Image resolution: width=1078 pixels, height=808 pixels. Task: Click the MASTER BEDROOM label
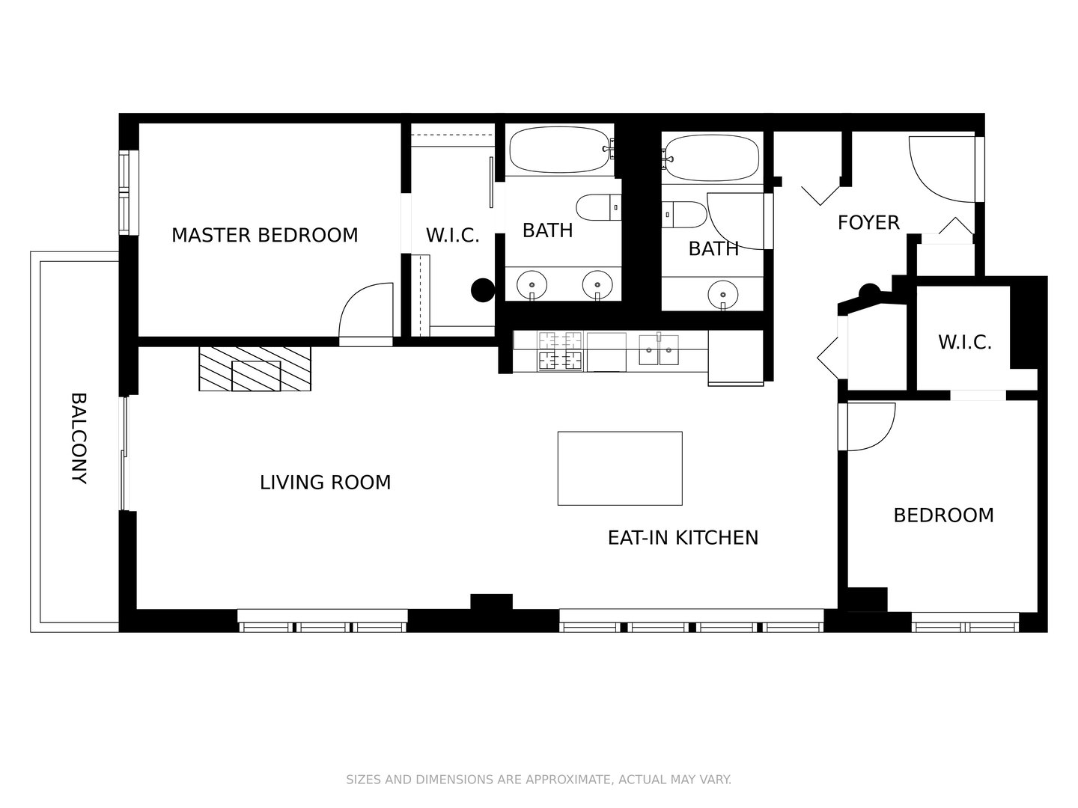pyautogui.click(x=265, y=235)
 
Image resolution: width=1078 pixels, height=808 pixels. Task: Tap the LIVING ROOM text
pyautogui.click(x=325, y=483)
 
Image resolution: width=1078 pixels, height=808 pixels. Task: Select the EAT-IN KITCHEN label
pyautogui.click(x=683, y=537)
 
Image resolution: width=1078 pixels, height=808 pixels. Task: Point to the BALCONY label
pyautogui.click(x=79, y=438)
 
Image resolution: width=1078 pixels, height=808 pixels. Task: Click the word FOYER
pyautogui.click(x=868, y=222)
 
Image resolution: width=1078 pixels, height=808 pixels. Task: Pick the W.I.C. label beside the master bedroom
pyautogui.click(x=452, y=236)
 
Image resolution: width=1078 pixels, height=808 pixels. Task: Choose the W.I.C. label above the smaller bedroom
pyautogui.click(x=964, y=343)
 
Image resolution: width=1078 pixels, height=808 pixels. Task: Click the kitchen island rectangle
pyautogui.click(x=620, y=468)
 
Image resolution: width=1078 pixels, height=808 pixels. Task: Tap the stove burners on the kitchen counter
pyautogui.click(x=560, y=351)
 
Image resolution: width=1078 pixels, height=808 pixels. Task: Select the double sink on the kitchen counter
pyautogui.click(x=659, y=350)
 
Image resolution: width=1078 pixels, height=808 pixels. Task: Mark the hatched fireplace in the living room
pyautogui.click(x=255, y=368)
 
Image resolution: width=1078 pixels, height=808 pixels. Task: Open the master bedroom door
pyautogui.click(x=366, y=314)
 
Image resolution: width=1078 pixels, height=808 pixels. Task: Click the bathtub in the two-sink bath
pyautogui.click(x=560, y=150)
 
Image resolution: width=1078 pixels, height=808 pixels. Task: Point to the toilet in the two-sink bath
pyautogui.click(x=598, y=208)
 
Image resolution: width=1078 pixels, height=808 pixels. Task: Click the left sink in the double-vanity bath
pyautogui.click(x=532, y=284)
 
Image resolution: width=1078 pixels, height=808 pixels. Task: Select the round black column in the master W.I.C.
pyautogui.click(x=483, y=290)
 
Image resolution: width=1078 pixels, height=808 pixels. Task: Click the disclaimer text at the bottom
pyautogui.click(x=538, y=780)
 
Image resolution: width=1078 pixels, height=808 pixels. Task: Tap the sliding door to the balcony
pyautogui.click(x=126, y=453)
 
